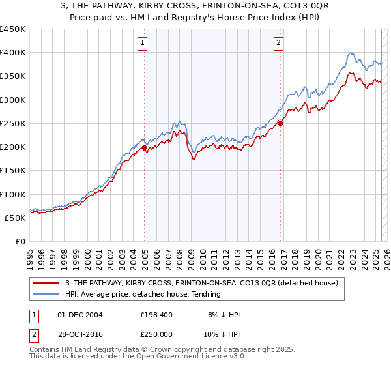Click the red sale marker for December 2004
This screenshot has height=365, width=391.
point(144,148)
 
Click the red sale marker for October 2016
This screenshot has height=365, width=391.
point(281,123)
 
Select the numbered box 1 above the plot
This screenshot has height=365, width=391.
point(142,44)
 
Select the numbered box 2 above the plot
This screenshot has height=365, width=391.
point(278,44)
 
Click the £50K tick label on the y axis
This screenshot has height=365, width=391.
point(16,218)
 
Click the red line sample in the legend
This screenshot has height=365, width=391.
point(46,284)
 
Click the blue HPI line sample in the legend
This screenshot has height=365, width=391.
point(46,295)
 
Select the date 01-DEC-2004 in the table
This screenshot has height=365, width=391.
point(80,315)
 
